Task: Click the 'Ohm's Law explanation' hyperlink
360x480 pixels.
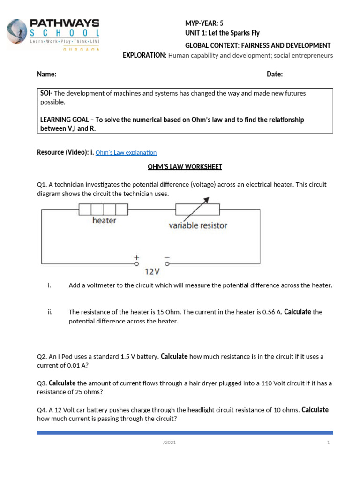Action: point(126,152)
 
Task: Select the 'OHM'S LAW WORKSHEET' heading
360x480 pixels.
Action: point(185,167)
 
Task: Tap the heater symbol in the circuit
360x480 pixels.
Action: point(103,209)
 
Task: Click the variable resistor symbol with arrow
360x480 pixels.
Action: point(197,208)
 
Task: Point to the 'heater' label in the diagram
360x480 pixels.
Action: point(104,220)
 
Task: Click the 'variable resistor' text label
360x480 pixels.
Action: point(198,225)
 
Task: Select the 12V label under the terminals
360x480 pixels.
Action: point(152,271)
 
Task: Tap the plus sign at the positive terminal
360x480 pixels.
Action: point(137,257)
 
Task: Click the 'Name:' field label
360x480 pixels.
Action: point(47,75)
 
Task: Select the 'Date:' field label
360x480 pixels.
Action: point(275,75)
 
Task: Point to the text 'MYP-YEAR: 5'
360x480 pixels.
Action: point(205,23)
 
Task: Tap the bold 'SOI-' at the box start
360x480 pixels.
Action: point(47,93)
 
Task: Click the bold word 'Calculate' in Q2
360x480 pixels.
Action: point(174,356)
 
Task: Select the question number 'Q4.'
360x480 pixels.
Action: point(42,410)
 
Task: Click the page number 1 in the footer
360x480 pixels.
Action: point(329,442)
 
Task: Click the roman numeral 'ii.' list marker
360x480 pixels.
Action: point(50,312)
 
